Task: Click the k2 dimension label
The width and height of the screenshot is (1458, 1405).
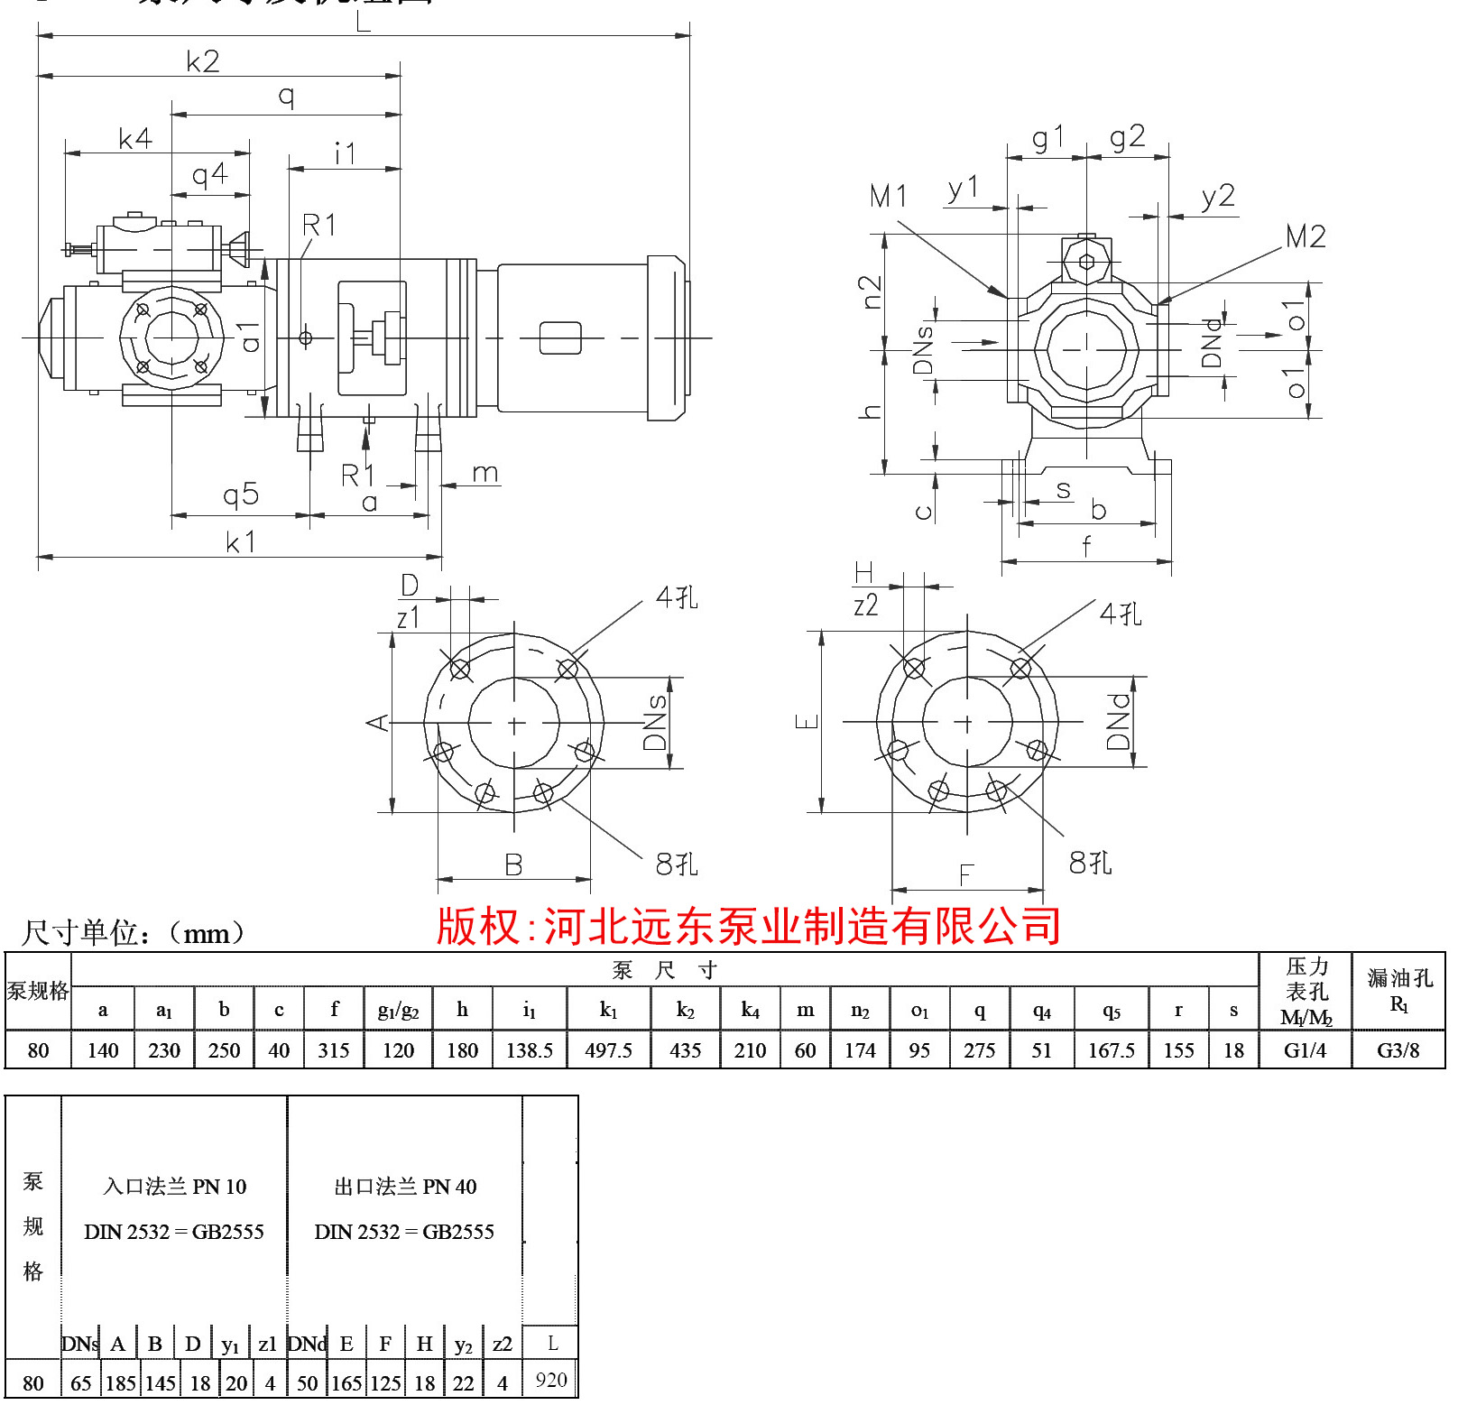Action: [x=203, y=61]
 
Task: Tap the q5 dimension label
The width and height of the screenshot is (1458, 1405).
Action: [x=241, y=495]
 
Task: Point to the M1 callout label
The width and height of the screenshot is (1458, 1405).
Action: [x=889, y=196]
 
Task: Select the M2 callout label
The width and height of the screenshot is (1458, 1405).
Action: [x=1306, y=237]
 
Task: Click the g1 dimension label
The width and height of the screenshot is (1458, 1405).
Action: [x=1048, y=139]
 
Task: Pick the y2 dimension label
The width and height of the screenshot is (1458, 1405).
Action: [x=1218, y=197]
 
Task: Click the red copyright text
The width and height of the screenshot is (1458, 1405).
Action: [x=748, y=927]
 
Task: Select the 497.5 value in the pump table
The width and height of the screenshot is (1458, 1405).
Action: [x=608, y=1050]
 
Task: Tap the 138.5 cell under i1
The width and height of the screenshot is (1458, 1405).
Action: [x=530, y=1050]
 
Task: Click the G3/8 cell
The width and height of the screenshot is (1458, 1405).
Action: [x=1398, y=1050]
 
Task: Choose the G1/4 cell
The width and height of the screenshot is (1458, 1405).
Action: [x=1305, y=1050]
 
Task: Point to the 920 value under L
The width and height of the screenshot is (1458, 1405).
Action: [x=551, y=1380]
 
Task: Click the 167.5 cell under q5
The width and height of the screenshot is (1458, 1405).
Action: [x=1112, y=1050]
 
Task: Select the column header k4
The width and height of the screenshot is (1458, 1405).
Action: [x=750, y=1011]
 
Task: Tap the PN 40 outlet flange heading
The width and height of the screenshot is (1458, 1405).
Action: [x=405, y=1187]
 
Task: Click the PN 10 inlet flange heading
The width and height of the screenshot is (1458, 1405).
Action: [x=174, y=1187]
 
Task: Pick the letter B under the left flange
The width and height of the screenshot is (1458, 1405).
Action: [x=513, y=865]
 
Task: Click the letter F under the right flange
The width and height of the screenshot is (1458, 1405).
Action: [x=966, y=874]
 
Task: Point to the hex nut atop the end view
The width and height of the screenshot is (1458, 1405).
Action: [x=1086, y=261]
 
